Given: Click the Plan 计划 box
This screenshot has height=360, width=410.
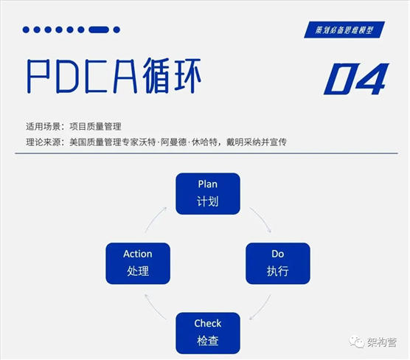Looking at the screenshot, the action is pos(208,193).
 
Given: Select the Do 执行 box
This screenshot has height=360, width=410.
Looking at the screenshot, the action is pos(278,263).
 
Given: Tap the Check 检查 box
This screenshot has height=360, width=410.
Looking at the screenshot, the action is pos(208,333).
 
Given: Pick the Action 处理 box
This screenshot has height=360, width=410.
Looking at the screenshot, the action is pos(138,263).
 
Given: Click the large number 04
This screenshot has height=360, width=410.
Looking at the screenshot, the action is pos(357,78).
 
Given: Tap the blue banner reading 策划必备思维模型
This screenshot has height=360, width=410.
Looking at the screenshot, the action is pos(344,30).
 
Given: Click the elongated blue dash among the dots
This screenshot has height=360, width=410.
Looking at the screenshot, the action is pos(99,30).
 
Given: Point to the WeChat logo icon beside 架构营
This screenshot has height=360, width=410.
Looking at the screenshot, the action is pos(357,342).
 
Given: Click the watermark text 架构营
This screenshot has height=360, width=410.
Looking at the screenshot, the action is pos(382,342).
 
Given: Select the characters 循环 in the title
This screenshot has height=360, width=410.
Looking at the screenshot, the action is pos(172,76).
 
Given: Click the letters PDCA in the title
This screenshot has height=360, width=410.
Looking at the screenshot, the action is pos(83,77).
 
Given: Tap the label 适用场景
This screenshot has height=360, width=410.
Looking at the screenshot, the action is pos(44,127).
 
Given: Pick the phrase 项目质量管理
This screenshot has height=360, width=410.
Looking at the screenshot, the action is pos(95,127).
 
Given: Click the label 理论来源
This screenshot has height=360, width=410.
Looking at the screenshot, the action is pos(44,142).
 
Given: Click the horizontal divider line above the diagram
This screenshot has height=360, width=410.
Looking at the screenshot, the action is pos(206,153).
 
